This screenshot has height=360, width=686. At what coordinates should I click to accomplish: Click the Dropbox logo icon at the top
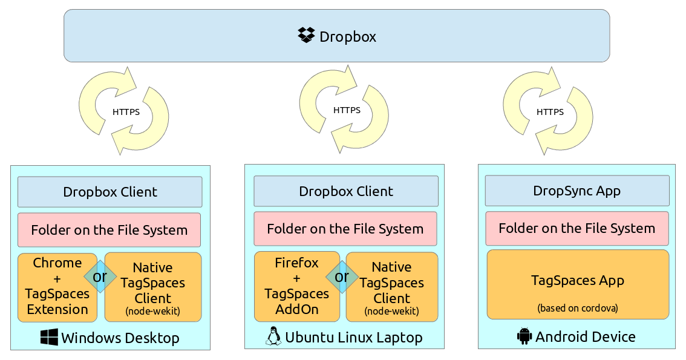point(307,36)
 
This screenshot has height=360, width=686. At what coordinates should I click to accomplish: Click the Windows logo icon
point(49,337)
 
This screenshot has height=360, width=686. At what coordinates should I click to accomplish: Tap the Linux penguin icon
point(273,336)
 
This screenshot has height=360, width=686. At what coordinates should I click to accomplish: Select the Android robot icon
point(524,336)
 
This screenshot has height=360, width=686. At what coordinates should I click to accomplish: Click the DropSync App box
point(577,191)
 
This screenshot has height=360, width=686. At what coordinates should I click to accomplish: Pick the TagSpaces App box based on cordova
point(578,284)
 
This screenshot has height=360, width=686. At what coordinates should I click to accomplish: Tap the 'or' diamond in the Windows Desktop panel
point(100,277)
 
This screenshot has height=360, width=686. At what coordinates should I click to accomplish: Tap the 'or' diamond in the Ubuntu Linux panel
point(342,277)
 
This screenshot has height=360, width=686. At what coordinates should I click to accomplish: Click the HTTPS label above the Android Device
point(550,111)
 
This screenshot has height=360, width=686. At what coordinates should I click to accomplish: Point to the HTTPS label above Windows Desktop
point(126,111)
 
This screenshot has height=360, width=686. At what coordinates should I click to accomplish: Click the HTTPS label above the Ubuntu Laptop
point(347,110)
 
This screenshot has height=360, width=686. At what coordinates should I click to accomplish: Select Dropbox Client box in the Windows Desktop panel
point(109,192)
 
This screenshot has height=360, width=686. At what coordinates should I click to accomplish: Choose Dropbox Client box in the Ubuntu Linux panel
point(345,191)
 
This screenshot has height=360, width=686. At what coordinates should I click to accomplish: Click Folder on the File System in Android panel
point(577,228)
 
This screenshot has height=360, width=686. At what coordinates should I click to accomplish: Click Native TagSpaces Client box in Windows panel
point(152,287)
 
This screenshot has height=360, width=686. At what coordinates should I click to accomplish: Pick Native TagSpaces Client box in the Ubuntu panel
point(391,287)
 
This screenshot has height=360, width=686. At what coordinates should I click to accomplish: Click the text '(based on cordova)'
point(578,307)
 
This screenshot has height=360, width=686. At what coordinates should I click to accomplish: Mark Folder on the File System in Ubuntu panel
point(345,229)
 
